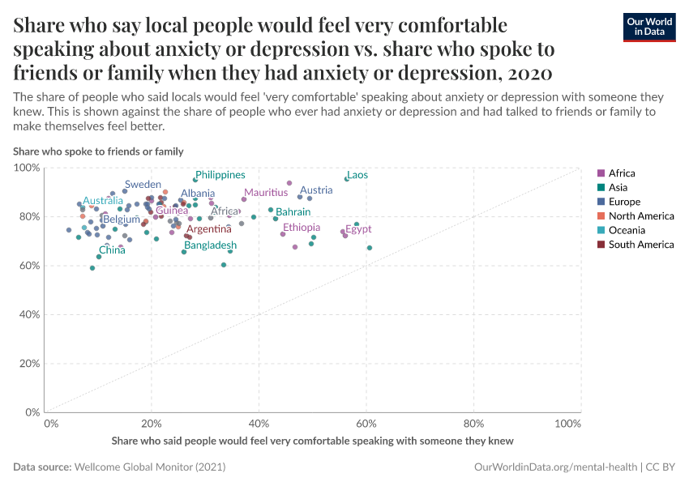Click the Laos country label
click(357, 175)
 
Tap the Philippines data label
click(220, 175)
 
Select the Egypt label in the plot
click(358, 229)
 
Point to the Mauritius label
click(266, 193)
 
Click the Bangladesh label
click(210, 245)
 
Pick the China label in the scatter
click(112, 250)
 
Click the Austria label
click(316, 191)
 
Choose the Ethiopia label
click(301, 228)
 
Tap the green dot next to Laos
click(347, 179)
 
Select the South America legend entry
click(640, 245)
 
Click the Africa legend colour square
click(601, 173)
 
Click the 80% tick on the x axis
click(473, 424)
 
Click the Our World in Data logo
click(649, 26)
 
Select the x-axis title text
click(312, 441)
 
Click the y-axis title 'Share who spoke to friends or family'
click(98, 151)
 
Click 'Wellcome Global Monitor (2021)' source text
click(149, 467)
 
